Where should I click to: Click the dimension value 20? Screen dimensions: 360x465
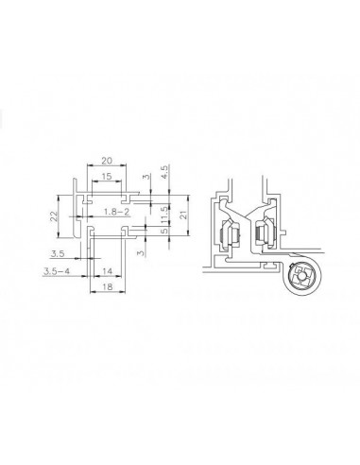[107, 161]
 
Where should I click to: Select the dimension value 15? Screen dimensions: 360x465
[107, 176]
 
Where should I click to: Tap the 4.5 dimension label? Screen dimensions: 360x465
[164, 172]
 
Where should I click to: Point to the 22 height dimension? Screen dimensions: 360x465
[54, 216]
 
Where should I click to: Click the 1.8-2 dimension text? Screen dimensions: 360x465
[117, 212]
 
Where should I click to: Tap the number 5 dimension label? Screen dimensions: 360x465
[164, 232]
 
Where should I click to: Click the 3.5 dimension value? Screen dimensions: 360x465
[58, 253]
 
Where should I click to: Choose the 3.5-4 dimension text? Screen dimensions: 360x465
[57, 271]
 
